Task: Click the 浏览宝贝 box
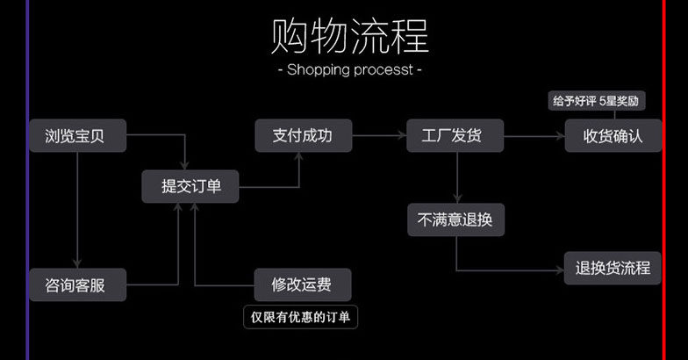point(77,136)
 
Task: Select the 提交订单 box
point(190,186)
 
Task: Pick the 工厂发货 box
point(455,136)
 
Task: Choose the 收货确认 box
point(613,136)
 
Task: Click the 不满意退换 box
point(455,220)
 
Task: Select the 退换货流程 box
point(613,268)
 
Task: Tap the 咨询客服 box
point(77,284)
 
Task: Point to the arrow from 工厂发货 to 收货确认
point(534,136)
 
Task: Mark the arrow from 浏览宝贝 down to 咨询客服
point(77,211)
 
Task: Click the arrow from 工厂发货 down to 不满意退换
point(456,179)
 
